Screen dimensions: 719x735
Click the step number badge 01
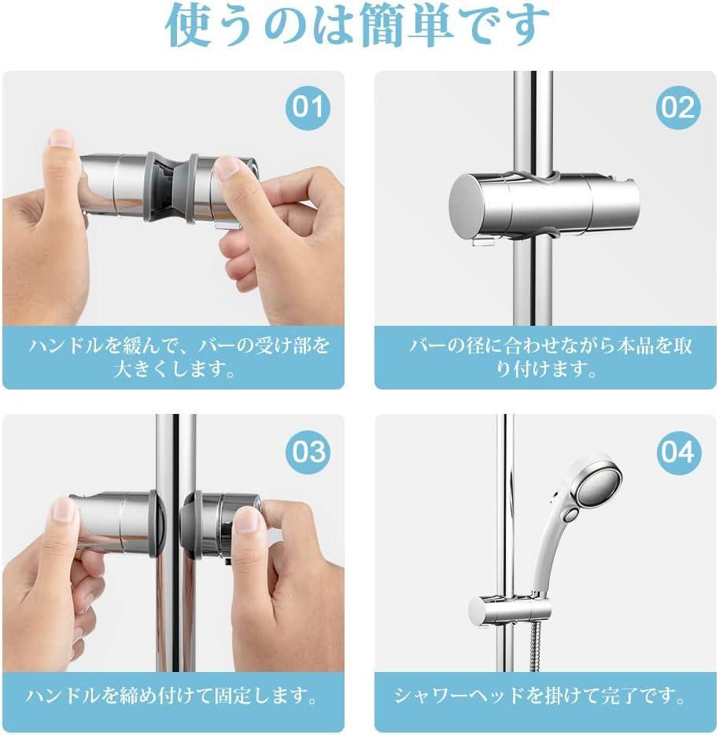pos(308,107)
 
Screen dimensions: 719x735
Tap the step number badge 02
pos(678,107)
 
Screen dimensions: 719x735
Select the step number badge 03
pos(308,452)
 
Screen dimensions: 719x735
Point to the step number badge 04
pos(678,452)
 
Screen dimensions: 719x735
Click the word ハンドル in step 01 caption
pos(66,345)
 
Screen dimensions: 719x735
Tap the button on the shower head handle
pos(570,514)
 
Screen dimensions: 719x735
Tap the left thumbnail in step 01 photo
pos(61,138)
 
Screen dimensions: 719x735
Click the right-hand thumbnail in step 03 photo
pos(248,519)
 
